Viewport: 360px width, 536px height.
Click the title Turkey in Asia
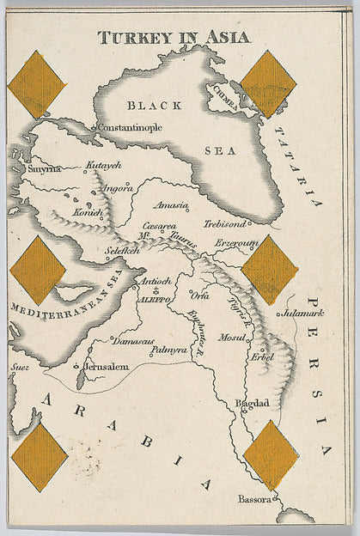pyautogui.click(x=174, y=37)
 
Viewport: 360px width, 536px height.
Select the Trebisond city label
pyautogui.click(x=225, y=223)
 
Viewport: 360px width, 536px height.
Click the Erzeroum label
pyautogui.click(x=236, y=243)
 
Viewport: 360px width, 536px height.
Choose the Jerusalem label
pyautogui.click(x=107, y=367)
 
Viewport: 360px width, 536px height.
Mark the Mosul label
pyautogui.click(x=231, y=337)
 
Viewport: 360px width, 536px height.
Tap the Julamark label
pyautogui.click(x=304, y=314)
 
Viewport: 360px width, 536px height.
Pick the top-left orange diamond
pyautogui.click(x=37, y=84)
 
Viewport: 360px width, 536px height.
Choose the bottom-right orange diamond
pyautogui.click(x=270, y=454)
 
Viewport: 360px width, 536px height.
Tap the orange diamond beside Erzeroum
pyautogui.click(x=269, y=269)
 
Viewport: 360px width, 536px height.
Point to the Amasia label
pyautogui.click(x=170, y=205)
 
